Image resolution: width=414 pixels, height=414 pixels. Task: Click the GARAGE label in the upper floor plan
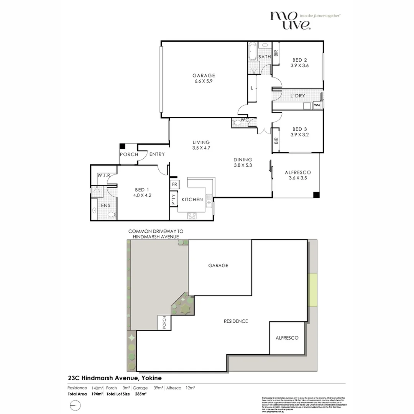(204, 76)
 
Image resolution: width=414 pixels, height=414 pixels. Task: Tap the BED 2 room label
(299, 60)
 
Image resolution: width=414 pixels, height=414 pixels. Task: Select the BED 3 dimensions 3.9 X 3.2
(299, 135)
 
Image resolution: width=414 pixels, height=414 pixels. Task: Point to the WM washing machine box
(317, 105)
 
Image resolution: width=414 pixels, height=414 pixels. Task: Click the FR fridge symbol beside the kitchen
(174, 184)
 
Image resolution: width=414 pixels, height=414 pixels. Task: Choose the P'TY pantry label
(173, 199)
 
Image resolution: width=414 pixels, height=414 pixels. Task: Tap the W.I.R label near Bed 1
(104, 175)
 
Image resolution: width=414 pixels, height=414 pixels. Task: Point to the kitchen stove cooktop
(192, 215)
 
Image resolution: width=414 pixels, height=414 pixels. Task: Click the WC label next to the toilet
(245, 120)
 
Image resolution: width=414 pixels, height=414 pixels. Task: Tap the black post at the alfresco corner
(316, 195)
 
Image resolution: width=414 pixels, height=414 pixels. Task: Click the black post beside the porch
(122, 146)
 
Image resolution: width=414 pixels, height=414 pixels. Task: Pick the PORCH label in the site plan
(164, 322)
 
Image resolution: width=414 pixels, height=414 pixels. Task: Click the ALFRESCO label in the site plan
(287, 338)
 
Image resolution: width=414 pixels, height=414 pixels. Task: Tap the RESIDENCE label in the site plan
(236, 321)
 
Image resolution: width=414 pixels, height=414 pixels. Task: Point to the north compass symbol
(76, 405)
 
